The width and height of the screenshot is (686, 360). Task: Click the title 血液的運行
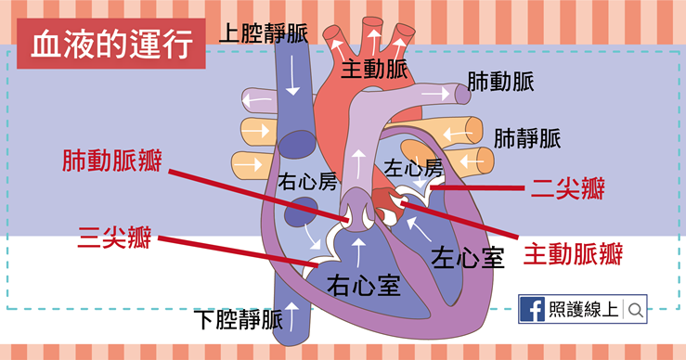111,45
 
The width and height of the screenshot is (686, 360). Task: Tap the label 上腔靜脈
264,33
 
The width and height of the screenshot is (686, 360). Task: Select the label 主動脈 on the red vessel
374,69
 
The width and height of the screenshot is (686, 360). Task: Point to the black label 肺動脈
500,82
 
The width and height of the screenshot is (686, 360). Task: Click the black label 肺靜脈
527,138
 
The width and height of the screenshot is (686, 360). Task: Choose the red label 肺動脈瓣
112,161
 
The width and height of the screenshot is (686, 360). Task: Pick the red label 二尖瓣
568,188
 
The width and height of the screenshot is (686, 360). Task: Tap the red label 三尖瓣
114,238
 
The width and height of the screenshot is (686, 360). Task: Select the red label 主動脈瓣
573,254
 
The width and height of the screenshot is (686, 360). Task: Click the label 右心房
307,181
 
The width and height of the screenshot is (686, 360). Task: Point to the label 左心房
413,168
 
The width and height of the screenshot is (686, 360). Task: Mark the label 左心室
468,257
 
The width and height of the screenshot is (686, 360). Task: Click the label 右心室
364,285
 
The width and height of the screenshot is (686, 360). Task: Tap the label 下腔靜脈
239,320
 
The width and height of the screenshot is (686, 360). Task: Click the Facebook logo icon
533,309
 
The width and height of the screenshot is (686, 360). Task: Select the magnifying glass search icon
636,310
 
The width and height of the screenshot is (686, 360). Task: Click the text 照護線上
584,309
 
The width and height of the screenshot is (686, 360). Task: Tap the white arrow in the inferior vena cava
291,315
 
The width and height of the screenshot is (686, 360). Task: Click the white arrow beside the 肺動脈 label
438,94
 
